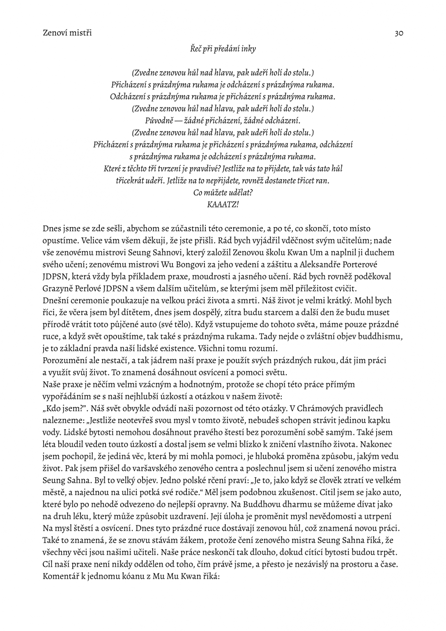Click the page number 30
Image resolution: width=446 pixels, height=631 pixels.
398,33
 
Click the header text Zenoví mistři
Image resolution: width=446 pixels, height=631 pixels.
67,33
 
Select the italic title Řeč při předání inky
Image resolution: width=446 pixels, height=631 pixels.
223,49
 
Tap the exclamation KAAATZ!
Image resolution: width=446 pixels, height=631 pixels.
223,204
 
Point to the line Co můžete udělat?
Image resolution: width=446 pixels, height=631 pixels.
223,192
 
